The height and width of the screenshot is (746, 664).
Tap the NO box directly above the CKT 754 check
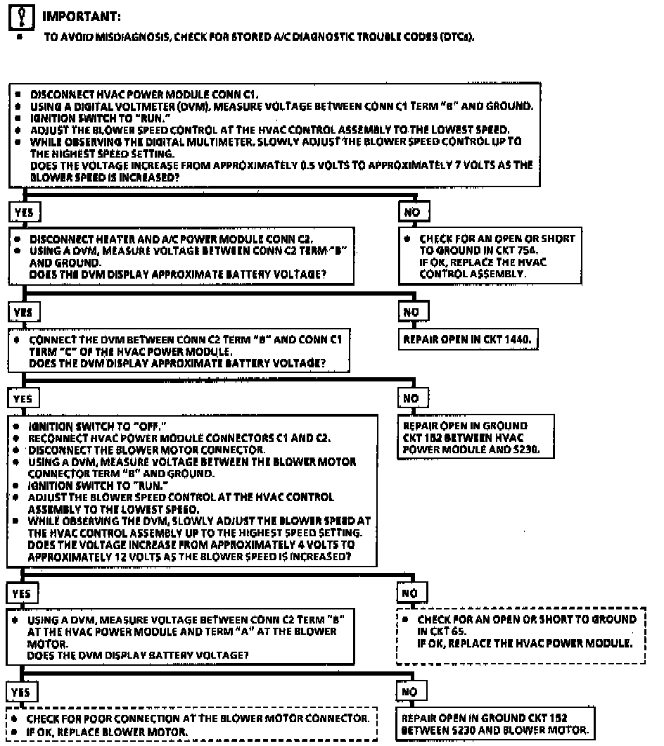(413, 211)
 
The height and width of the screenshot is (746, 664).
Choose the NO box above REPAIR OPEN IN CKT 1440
(413, 311)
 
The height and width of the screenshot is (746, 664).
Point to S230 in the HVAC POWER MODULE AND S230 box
(523, 448)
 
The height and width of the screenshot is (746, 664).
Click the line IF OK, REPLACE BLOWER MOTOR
(108, 733)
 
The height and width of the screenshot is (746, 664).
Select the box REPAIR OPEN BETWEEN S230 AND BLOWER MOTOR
(494, 724)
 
